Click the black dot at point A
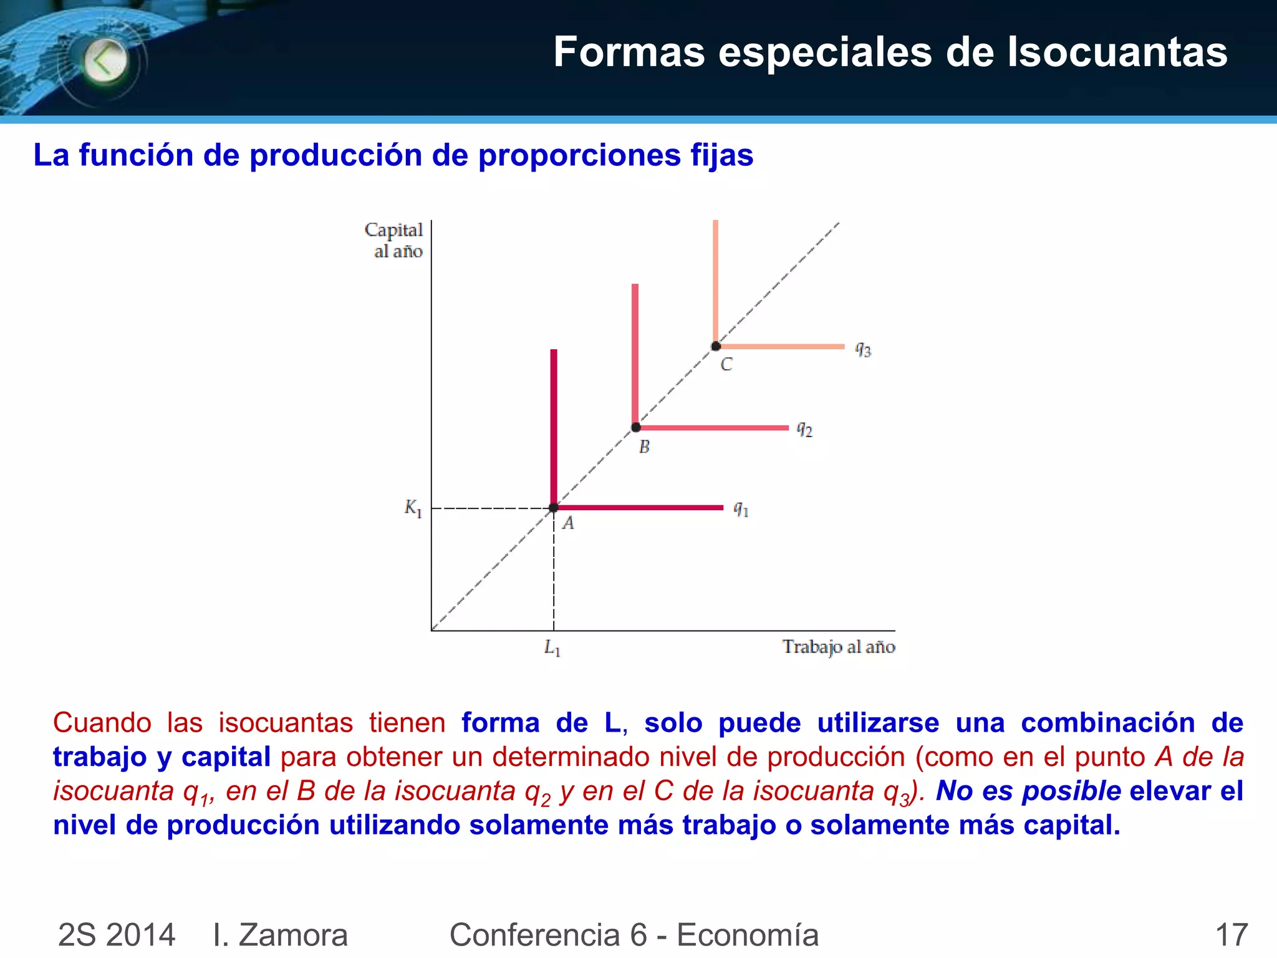click(x=554, y=508)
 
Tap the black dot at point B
click(x=636, y=427)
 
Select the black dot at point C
click(x=716, y=346)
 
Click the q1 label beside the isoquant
click(x=741, y=510)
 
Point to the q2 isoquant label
click(x=804, y=429)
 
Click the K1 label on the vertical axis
click(x=413, y=508)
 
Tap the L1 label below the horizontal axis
click(x=552, y=648)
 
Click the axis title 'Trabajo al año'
click(x=839, y=647)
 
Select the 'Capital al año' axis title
click(x=394, y=240)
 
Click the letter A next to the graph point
click(x=568, y=523)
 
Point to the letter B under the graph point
click(x=644, y=447)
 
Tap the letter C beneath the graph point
click(x=726, y=364)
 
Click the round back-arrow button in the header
click(x=105, y=61)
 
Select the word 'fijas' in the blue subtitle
click(x=721, y=155)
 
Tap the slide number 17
click(x=1231, y=934)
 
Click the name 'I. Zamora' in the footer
click(x=280, y=934)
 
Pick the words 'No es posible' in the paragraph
click(x=1028, y=791)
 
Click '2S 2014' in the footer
click(x=117, y=934)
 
